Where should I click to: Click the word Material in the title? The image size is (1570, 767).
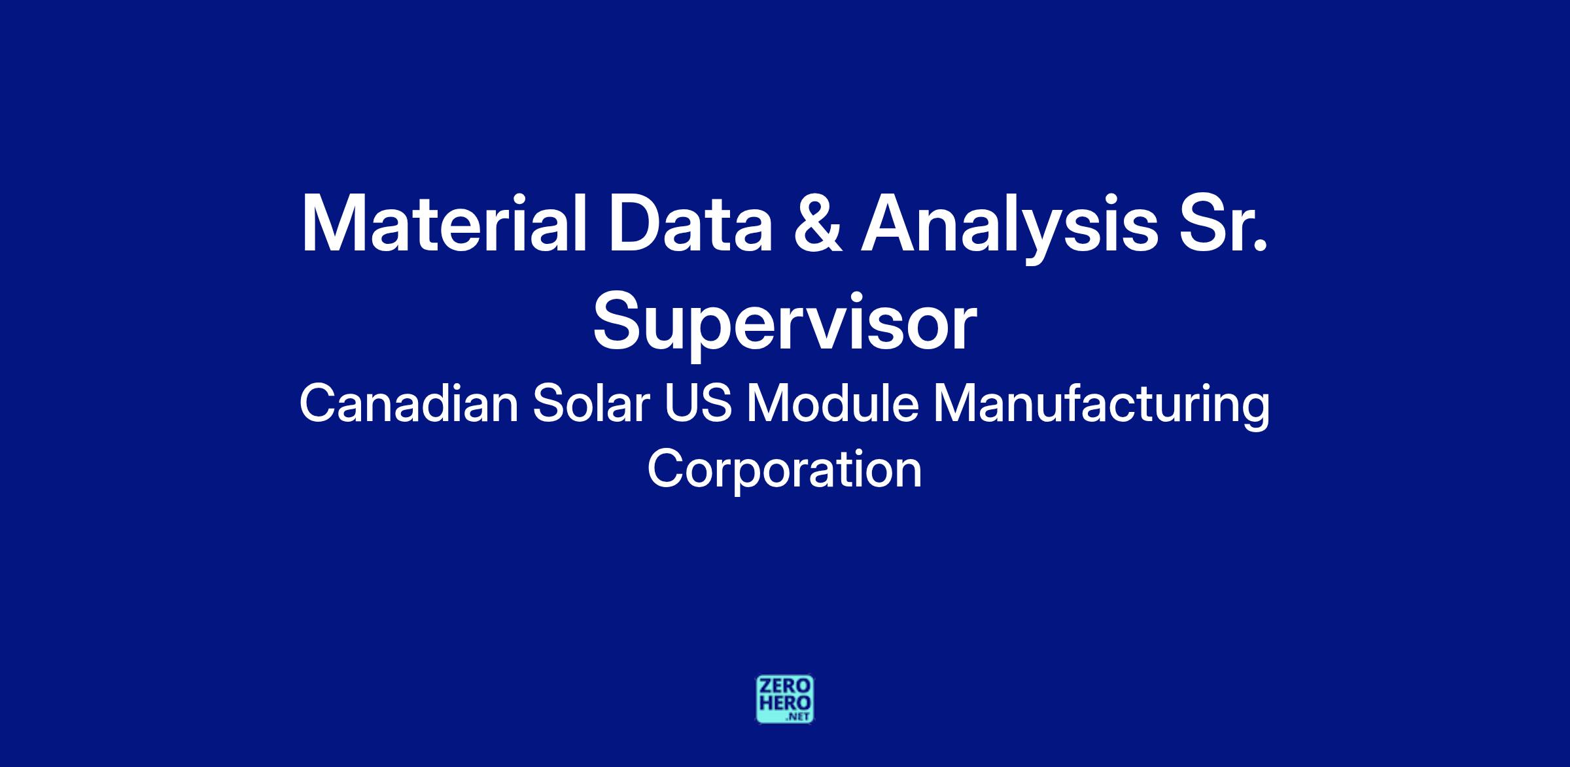[444, 223]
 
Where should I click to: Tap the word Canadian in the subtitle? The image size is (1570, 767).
[409, 404]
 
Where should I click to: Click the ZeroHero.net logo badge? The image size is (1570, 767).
[785, 699]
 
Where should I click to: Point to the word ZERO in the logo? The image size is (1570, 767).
[785, 686]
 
